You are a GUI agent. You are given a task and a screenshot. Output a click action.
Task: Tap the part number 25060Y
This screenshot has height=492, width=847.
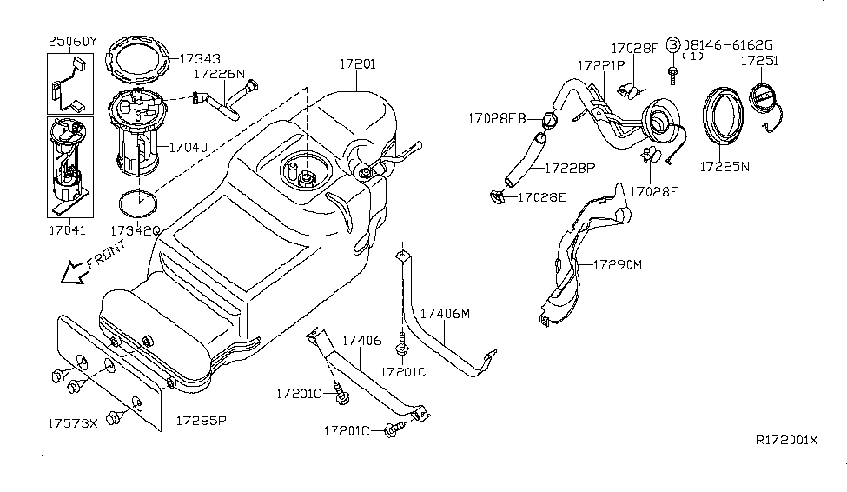pos(73,41)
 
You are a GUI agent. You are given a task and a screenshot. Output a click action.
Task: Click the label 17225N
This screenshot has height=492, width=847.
pos(725,163)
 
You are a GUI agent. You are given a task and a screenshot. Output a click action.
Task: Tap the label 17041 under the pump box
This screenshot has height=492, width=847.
pos(68,230)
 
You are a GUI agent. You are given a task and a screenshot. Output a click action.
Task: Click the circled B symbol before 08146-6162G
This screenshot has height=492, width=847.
pos(672,43)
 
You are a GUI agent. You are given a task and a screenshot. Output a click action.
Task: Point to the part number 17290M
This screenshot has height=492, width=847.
pos(617,263)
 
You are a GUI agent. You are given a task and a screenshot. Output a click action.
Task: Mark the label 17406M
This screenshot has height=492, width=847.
pos(445,312)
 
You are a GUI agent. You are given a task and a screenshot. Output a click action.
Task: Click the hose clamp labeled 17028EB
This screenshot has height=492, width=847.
pos(548,120)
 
